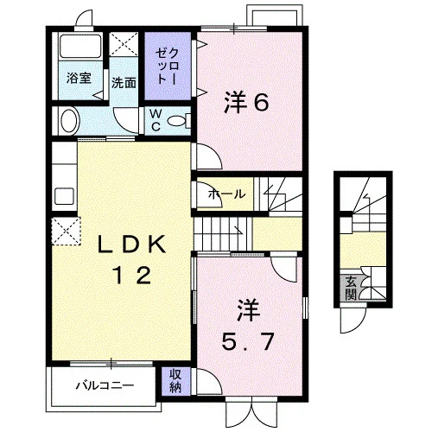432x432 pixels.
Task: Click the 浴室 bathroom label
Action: coord(79,78)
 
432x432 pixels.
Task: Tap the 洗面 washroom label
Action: coord(124,83)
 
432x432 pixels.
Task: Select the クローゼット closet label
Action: coord(168,67)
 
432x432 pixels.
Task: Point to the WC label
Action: coord(156,121)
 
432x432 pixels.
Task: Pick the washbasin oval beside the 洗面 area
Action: coord(70,120)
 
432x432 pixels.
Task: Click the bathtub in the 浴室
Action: coord(79,46)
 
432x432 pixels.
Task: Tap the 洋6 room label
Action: coord(247,102)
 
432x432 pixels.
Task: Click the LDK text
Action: coord(131,244)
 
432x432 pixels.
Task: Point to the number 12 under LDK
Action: coord(132,275)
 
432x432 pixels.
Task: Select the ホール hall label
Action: coord(226,194)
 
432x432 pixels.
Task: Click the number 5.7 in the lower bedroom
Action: coord(247,341)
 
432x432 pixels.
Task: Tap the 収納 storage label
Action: coord(175,381)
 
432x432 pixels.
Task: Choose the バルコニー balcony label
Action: coord(105,385)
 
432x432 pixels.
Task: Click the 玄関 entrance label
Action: coord(351,288)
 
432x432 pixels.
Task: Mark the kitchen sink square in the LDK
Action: coord(64,196)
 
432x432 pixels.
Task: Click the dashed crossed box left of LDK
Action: coord(67,232)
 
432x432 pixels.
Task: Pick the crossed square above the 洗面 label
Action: coord(124,44)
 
